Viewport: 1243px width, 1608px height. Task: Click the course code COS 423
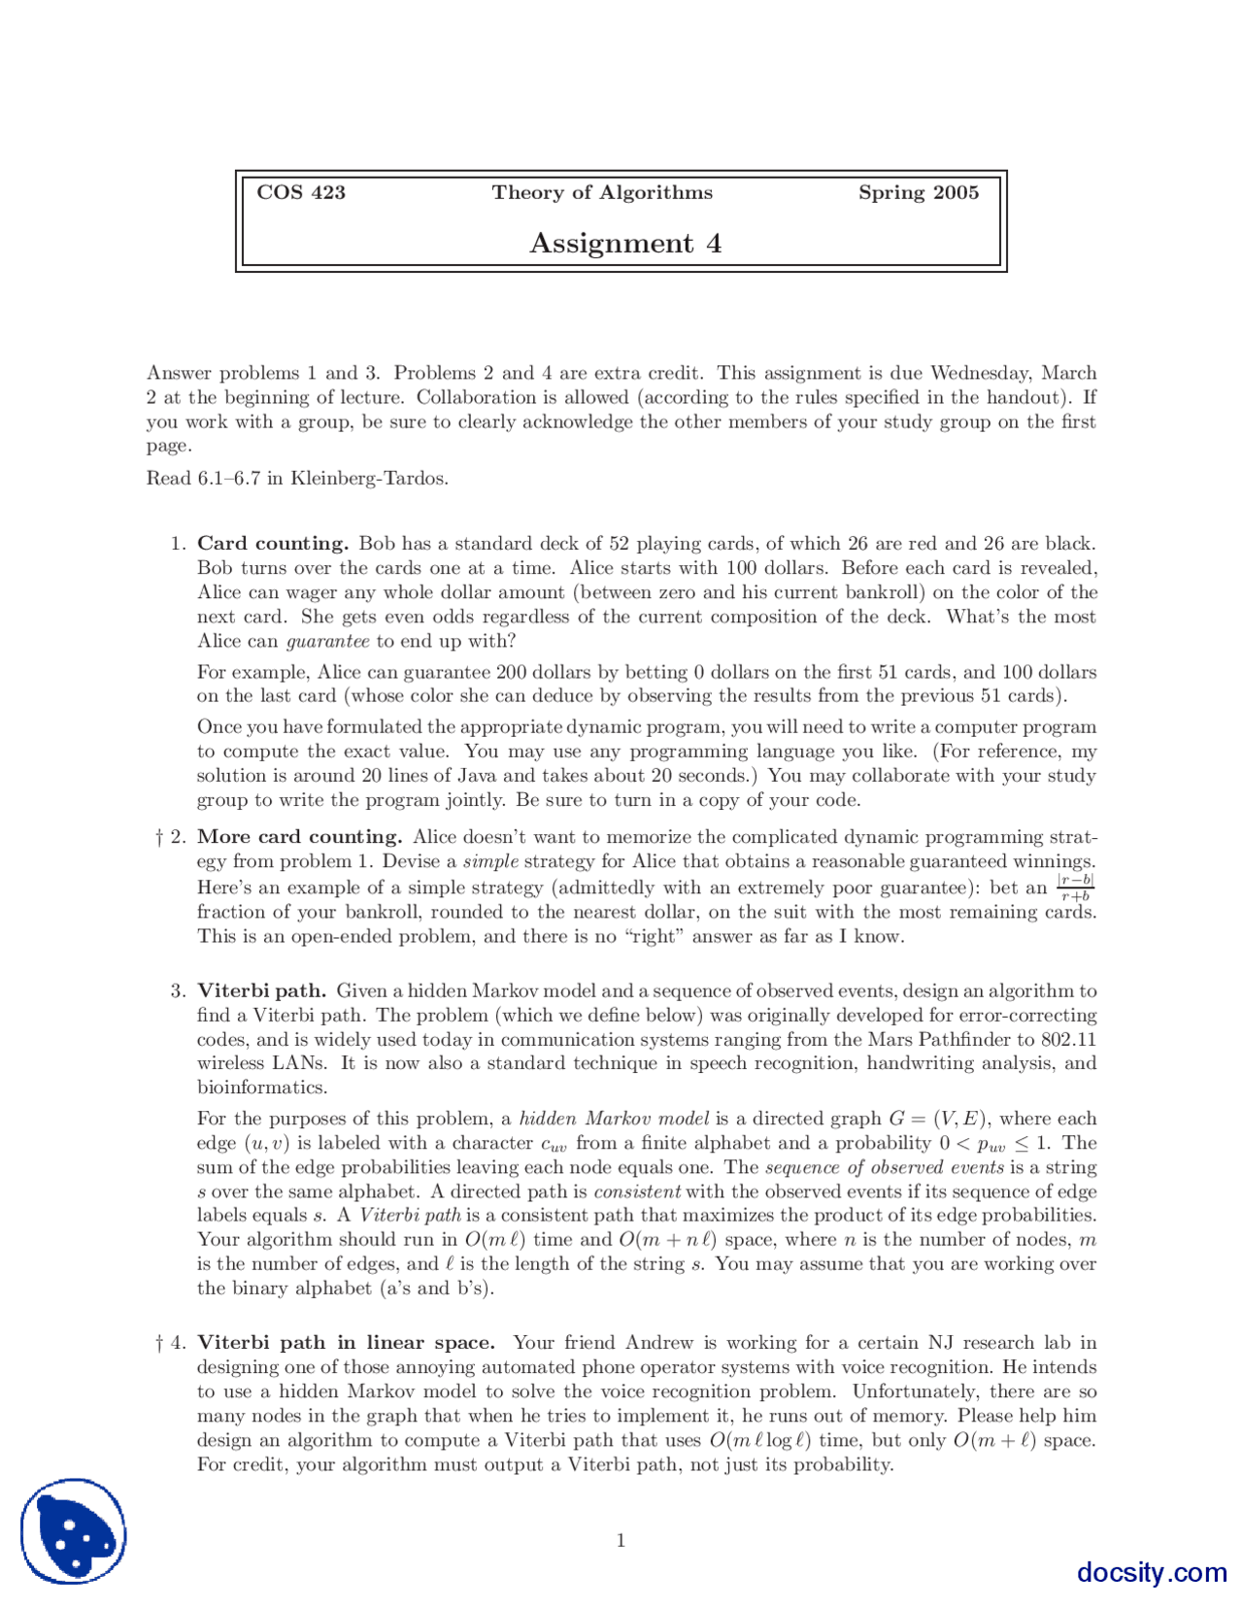point(301,192)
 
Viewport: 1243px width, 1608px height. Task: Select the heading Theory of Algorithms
point(601,192)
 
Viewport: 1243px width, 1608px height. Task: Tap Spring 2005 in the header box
point(918,192)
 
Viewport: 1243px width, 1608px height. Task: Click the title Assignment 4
point(624,243)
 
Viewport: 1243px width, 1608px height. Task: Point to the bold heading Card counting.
point(273,543)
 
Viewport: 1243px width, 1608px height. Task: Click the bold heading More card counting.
point(300,836)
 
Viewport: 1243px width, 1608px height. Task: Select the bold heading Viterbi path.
point(261,990)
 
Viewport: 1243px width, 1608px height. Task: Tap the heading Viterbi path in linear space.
point(346,1342)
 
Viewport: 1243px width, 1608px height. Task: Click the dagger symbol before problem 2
point(158,837)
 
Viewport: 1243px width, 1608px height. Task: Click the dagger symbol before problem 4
point(158,1343)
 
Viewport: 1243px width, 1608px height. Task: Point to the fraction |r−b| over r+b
point(1075,888)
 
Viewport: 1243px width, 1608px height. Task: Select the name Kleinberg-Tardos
point(369,478)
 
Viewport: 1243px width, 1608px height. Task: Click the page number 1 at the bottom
point(621,1540)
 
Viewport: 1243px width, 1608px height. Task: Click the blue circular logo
point(74,1531)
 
